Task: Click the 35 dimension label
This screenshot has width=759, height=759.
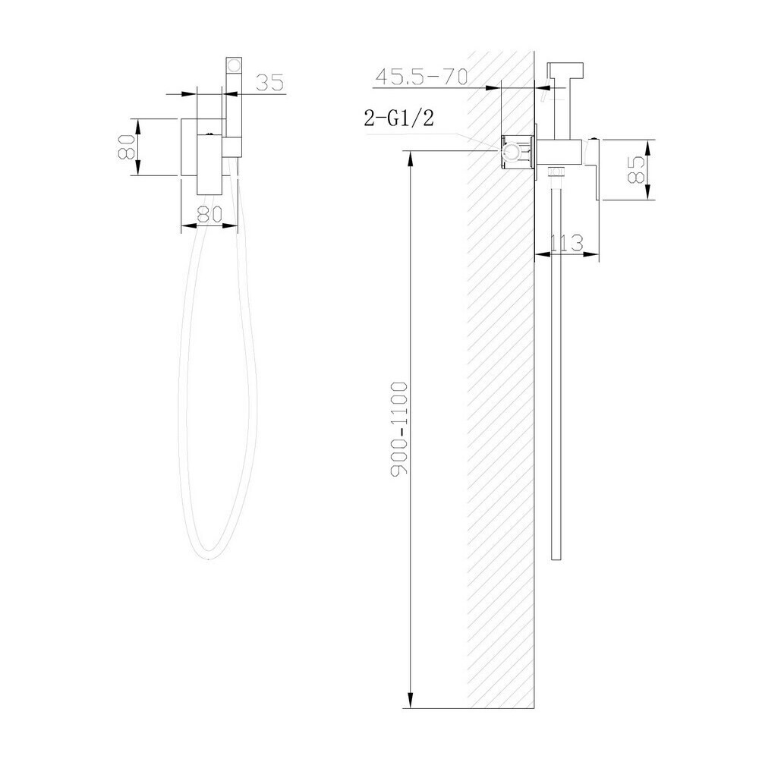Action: tap(269, 83)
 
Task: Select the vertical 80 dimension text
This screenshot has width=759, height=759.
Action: tap(126, 146)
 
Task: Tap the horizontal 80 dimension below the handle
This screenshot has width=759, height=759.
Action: tap(209, 214)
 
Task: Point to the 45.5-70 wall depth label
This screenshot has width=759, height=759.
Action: tap(422, 77)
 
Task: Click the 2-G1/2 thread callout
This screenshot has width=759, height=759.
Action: tap(399, 118)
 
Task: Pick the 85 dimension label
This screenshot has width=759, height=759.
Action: tap(636, 169)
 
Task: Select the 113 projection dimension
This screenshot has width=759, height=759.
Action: tap(567, 243)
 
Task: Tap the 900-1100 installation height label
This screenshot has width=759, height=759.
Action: tap(400, 429)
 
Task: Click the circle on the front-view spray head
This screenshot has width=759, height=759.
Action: tap(235, 65)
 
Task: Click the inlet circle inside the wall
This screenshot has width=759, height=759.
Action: tap(510, 153)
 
